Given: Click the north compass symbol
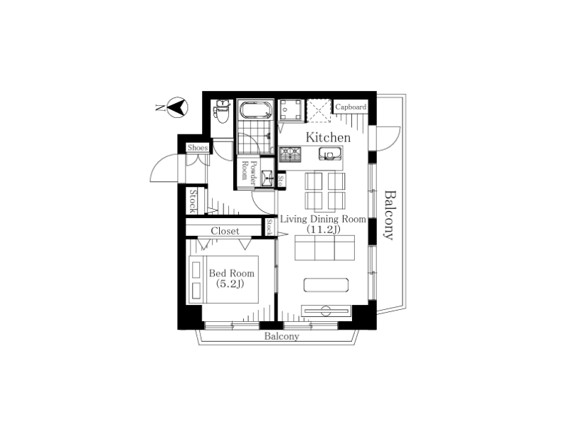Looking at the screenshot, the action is pyautogui.click(x=177, y=107).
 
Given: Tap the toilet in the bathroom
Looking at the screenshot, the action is pyautogui.click(x=222, y=112).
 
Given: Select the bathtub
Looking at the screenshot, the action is pyautogui.click(x=255, y=110).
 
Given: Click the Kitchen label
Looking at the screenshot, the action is pyautogui.click(x=328, y=137).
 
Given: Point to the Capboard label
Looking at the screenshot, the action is pyautogui.click(x=351, y=107).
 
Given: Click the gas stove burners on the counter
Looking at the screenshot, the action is pyautogui.click(x=290, y=154).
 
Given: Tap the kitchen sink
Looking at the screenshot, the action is pyautogui.click(x=330, y=154).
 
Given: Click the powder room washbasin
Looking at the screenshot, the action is pyautogui.click(x=267, y=178).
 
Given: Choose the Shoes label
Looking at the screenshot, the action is pyautogui.click(x=198, y=148).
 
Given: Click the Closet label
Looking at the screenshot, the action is pyautogui.click(x=225, y=231).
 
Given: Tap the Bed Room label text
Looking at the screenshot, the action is pyautogui.click(x=232, y=273).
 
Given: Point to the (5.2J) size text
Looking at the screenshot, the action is pyautogui.click(x=230, y=284).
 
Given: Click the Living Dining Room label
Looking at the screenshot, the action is pyautogui.click(x=323, y=219).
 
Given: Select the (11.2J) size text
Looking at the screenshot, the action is pyautogui.click(x=324, y=229).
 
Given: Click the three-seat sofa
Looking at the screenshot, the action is pyautogui.click(x=325, y=247).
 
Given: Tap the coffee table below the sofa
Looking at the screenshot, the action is pyautogui.click(x=326, y=285).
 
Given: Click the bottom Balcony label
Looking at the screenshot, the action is pyautogui.click(x=282, y=337).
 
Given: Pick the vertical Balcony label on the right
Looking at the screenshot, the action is pyautogui.click(x=389, y=215).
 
